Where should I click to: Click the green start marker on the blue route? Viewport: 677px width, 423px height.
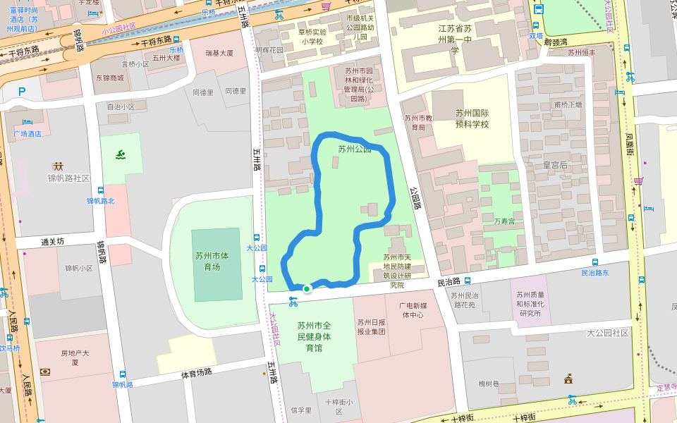coord(307,289)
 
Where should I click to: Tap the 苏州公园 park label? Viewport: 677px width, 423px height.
coord(354,149)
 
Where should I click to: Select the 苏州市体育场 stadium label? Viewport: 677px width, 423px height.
coord(212,261)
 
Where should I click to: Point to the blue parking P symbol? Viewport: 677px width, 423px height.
coord(22,92)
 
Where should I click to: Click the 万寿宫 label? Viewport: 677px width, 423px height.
coord(504,221)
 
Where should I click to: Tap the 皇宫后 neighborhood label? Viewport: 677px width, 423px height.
coord(555,165)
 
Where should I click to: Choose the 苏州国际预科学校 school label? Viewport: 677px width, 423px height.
coord(472,118)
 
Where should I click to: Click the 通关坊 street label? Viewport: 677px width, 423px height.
coord(52,242)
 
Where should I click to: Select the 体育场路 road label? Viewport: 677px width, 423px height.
coord(197,373)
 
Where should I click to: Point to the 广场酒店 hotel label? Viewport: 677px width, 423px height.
coord(28,133)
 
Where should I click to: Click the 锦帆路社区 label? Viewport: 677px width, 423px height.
coord(69,178)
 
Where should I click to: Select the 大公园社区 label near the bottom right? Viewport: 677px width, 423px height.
coord(608,333)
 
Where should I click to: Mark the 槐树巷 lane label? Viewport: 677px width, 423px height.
coord(489,384)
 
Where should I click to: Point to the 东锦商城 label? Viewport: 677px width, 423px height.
coord(109,78)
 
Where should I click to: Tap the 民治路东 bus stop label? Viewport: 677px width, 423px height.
coord(594,273)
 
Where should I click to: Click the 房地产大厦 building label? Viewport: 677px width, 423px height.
coord(74,357)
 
